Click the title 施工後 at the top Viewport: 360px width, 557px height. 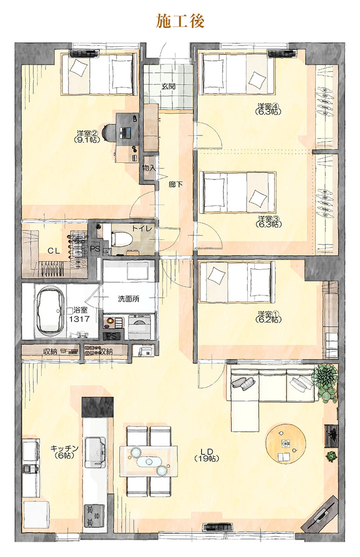coord(180,21)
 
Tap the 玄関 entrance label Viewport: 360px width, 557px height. coord(169,86)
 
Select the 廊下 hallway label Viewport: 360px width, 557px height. coord(176,185)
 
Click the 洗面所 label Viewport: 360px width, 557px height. coord(128,298)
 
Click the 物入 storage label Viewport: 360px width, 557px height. coord(149,168)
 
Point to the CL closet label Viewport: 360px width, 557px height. coord(54,251)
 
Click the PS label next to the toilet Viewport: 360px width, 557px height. coord(95,249)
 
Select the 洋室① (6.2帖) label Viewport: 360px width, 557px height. coord(268,317)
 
